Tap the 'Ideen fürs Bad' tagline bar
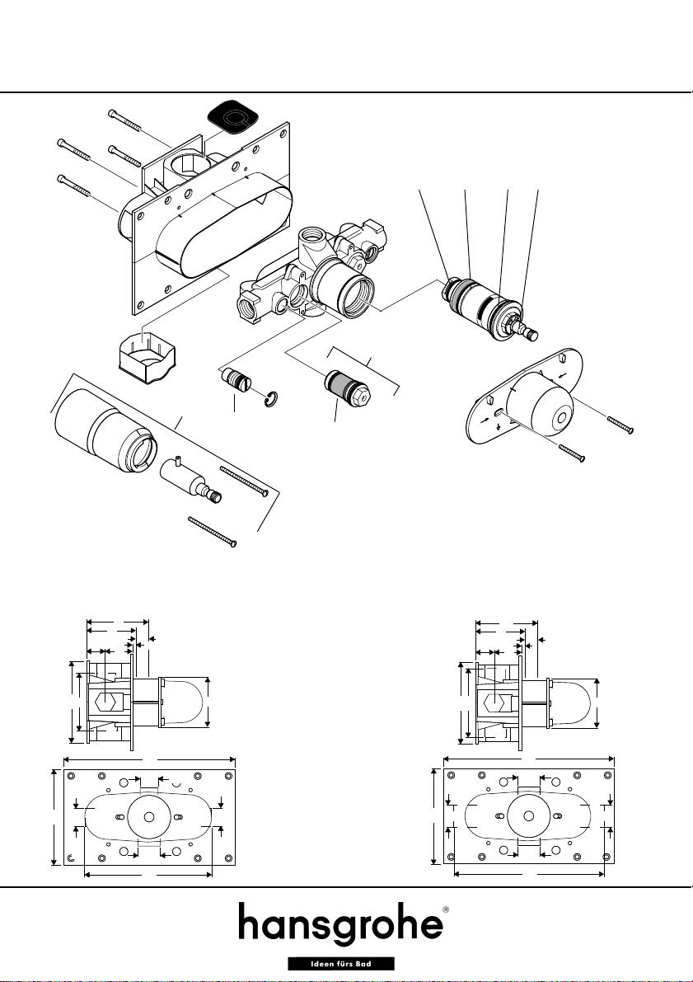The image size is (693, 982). [x=341, y=964]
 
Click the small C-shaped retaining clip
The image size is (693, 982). [x=271, y=400]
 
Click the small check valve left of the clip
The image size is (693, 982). [x=236, y=381]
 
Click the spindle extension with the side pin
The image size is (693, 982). [x=191, y=481]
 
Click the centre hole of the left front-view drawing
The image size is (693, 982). [x=149, y=816]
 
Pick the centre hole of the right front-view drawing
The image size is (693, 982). [x=528, y=816]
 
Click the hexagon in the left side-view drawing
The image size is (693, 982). [x=105, y=702]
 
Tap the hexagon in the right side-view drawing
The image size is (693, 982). [x=494, y=702]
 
